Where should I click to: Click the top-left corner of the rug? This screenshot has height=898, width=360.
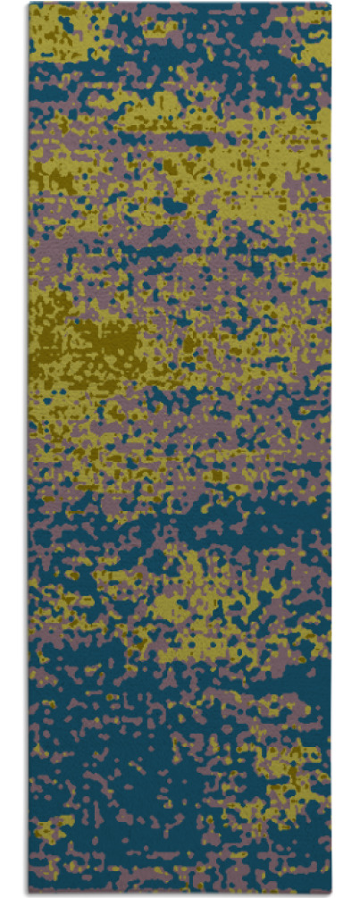click(x=29, y=4)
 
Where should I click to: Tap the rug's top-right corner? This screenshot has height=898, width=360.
click(x=330, y=4)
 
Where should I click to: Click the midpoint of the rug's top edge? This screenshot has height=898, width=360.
click(x=180, y=4)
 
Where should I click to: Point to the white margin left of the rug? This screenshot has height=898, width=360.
click(x=13, y=447)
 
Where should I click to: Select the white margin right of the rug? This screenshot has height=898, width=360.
click(x=347, y=447)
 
